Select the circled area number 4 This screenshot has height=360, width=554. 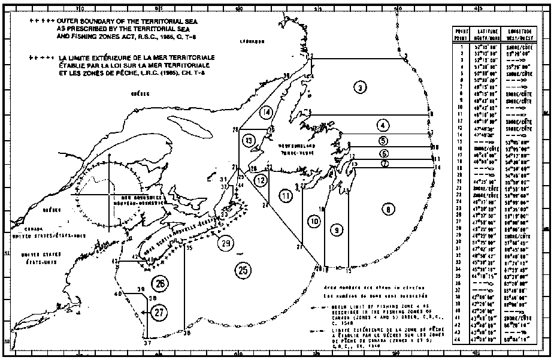pyautogui.click(x=382, y=125)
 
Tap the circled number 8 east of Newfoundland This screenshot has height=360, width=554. pyautogui.click(x=389, y=209)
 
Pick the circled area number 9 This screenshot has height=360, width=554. pyautogui.click(x=337, y=229)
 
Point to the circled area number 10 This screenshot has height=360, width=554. pyautogui.click(x=314, y=221)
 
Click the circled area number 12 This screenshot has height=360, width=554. pyautogui.click(x=261, y=180)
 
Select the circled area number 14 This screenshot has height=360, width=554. pyautogui.click(x=267, y=111)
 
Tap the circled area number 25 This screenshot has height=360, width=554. pyautogui.click(x=243, y=270)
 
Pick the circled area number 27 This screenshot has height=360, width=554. pyautogui.click(x=159, y=311)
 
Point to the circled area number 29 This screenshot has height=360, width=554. pyautogui.click(x=225, y=243)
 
